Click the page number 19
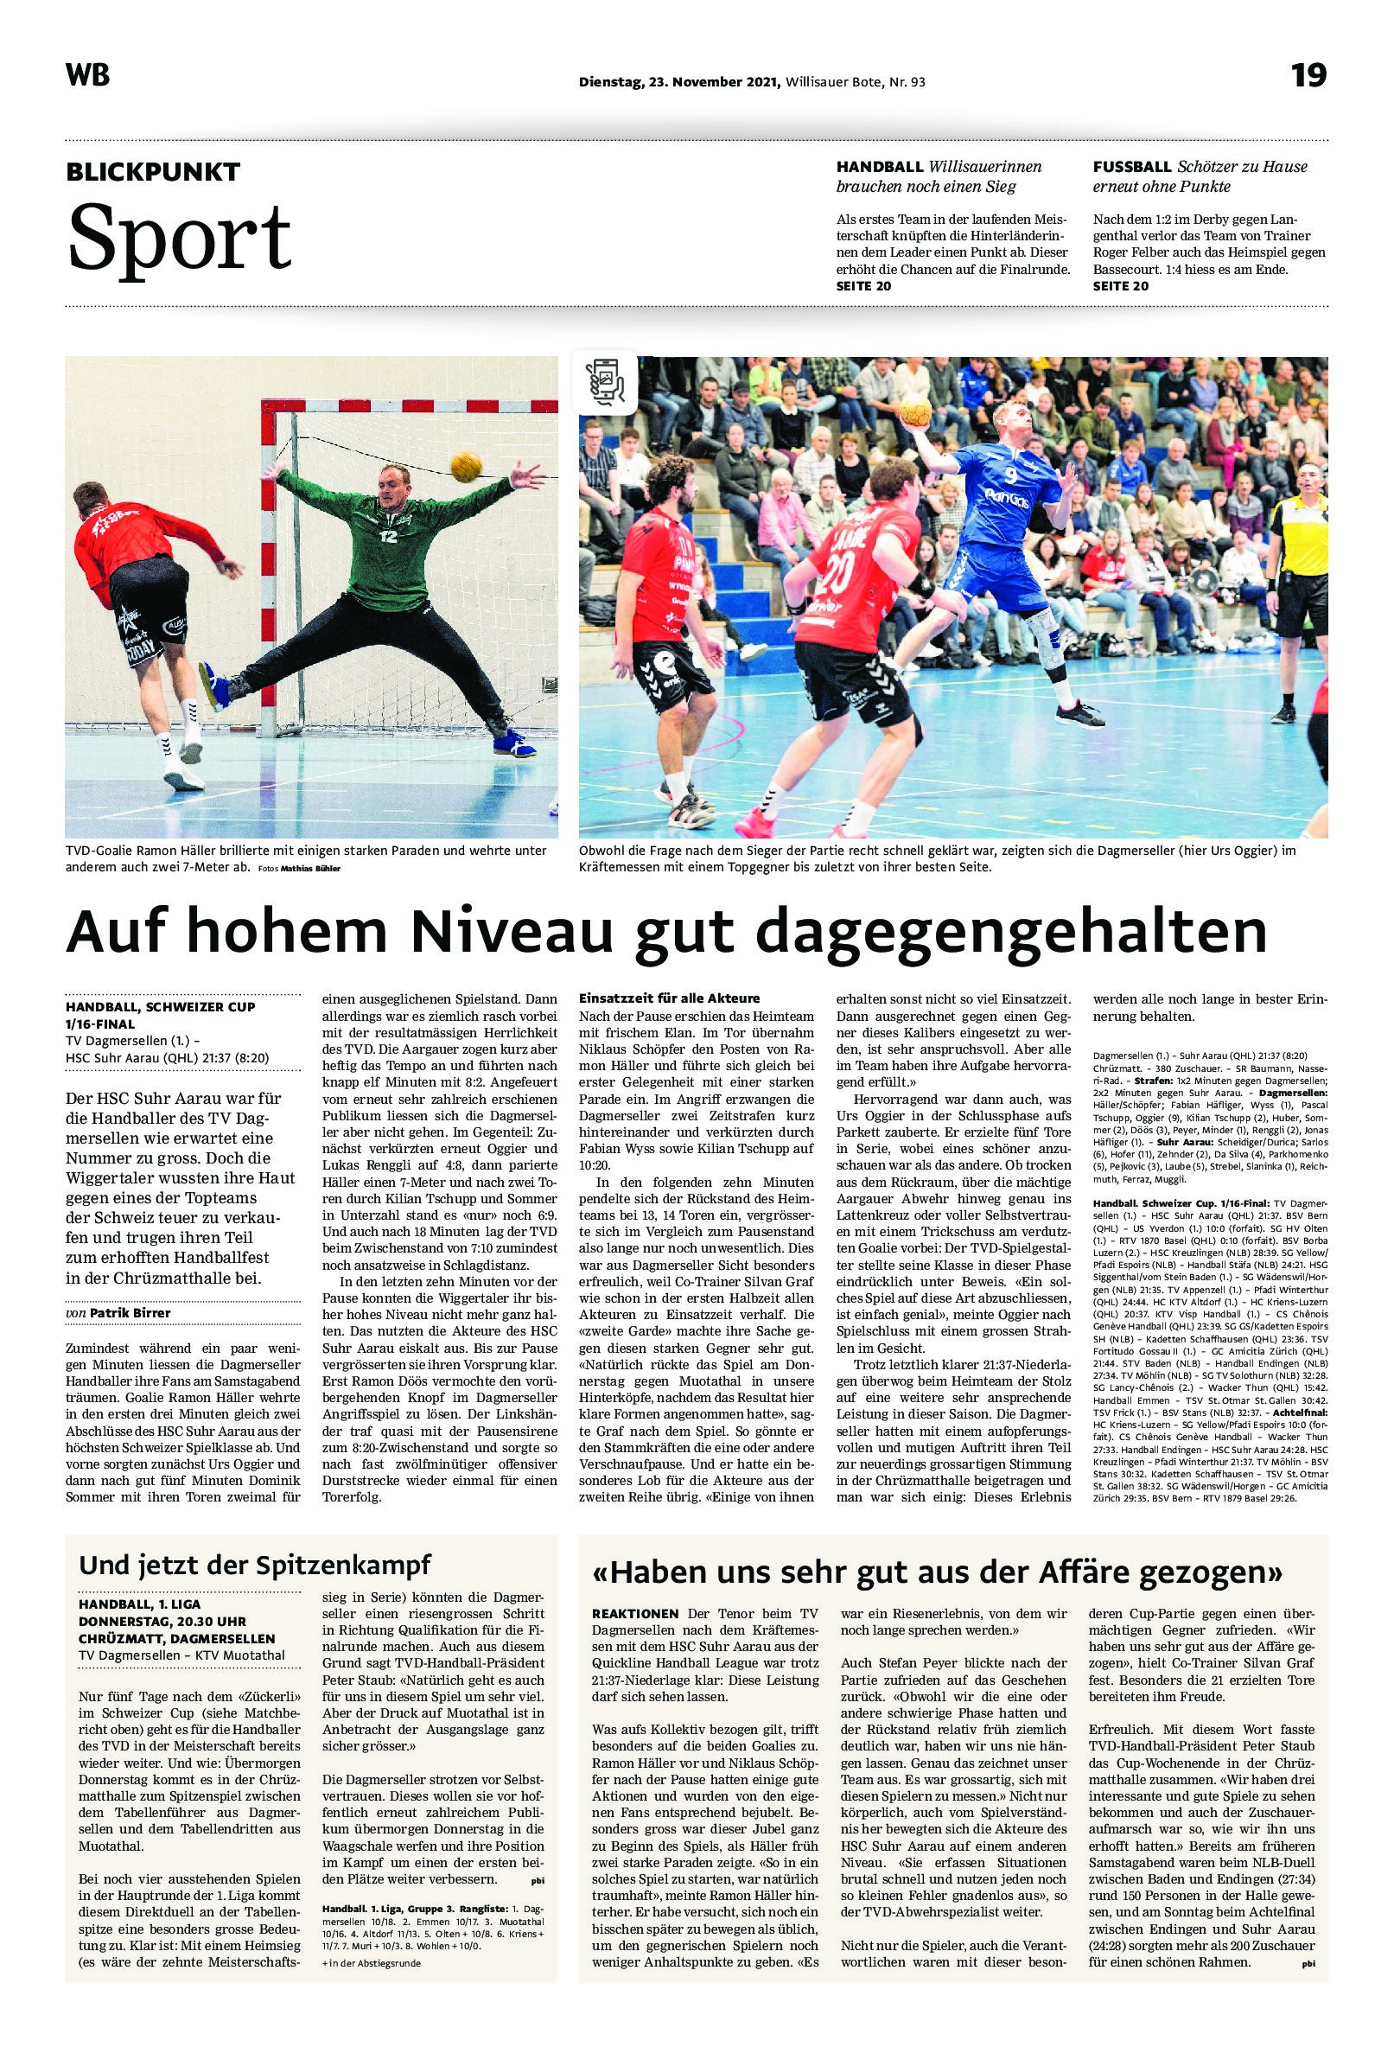[1308, 76]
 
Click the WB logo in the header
[87, 76]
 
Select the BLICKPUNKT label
[152, 172]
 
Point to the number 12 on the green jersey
[387, 533]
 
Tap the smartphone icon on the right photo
[605, 381]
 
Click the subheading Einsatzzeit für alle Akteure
[668, 998]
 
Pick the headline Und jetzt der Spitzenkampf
[255, 1565]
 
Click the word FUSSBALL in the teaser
[1131, 167]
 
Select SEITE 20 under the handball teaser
[863, 286]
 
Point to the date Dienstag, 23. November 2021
[679, 83]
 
